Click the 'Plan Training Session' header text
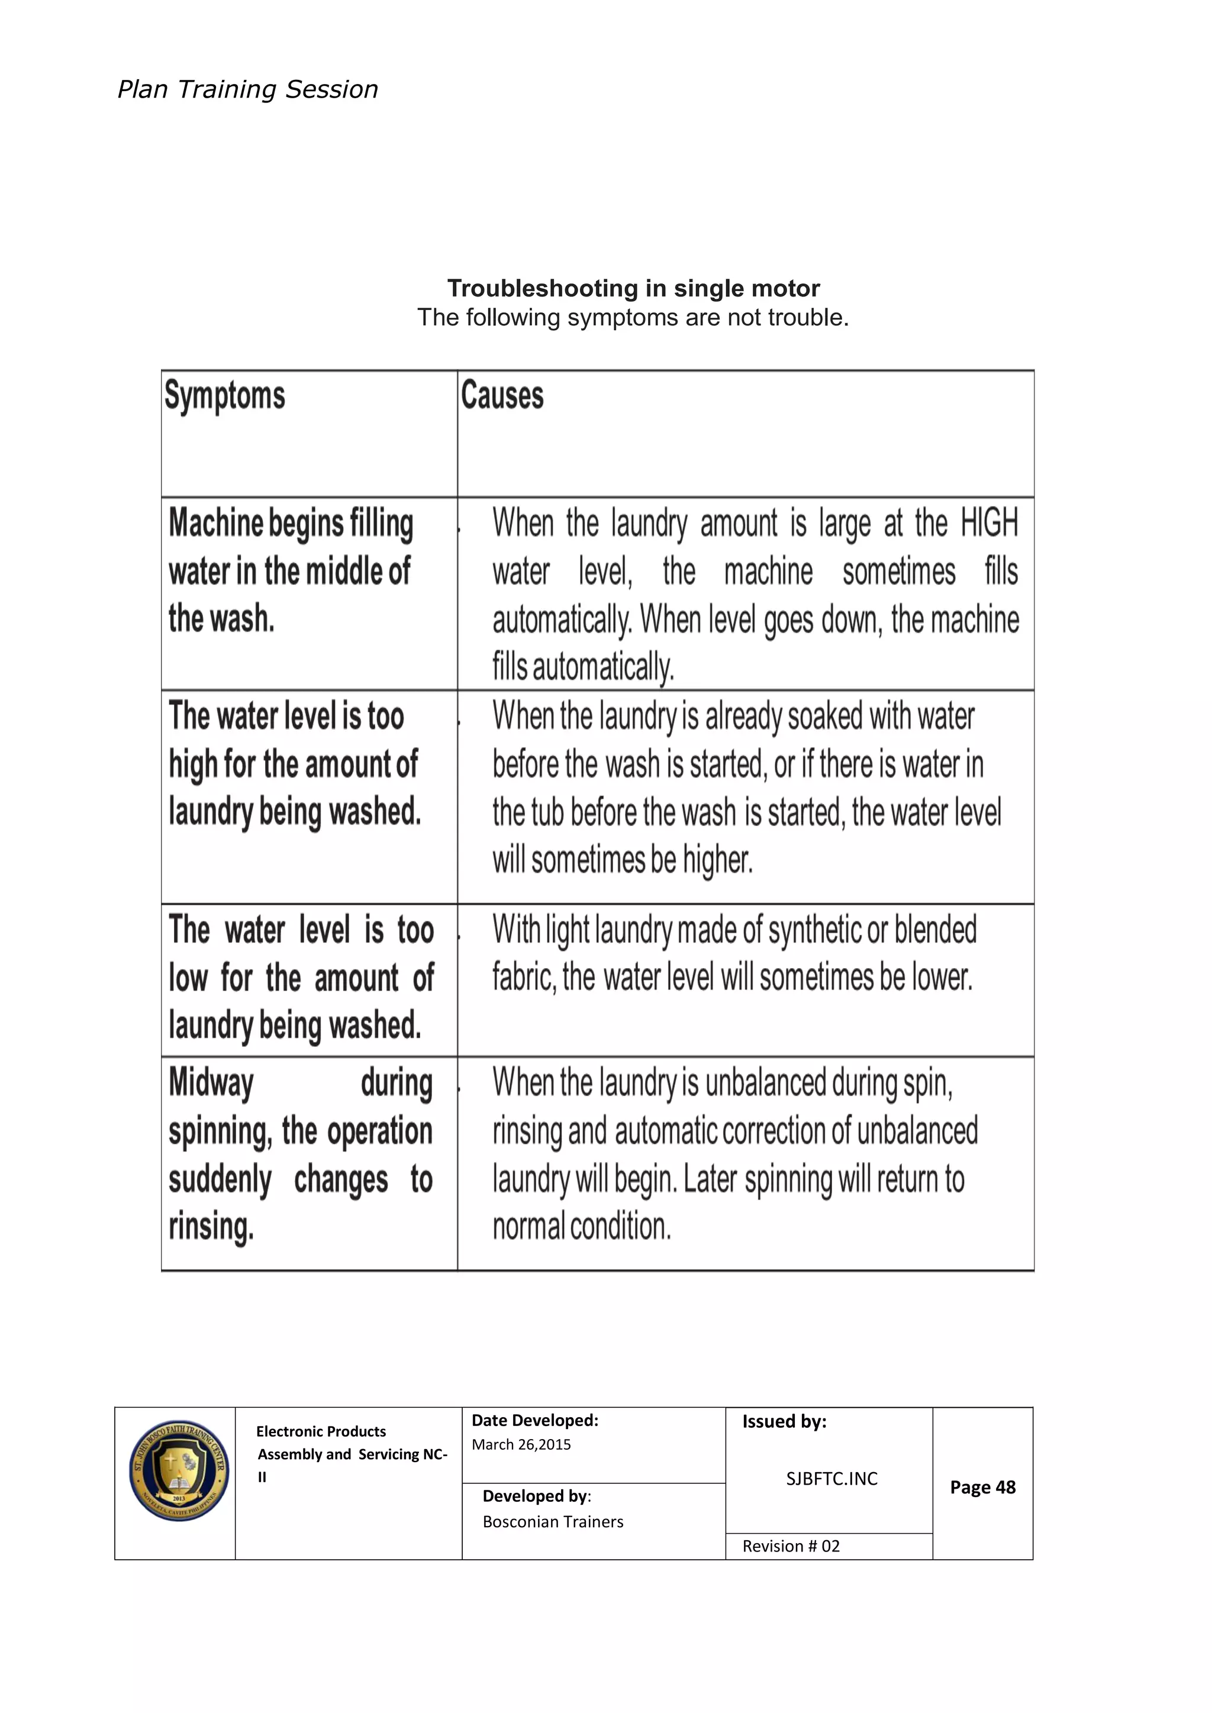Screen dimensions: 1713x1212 click(x=248, y=89)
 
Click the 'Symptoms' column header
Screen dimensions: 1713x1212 click(x=225, y=395)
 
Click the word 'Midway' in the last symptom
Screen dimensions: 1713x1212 click(x=211, y=1083)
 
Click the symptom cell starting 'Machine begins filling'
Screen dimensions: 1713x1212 click(x=291, y=571)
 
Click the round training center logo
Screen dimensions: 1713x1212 click(x=178, y=1470)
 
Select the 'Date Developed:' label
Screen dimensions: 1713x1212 click(x=534, y=1421)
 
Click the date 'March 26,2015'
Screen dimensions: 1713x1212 click(x=521, y=1444)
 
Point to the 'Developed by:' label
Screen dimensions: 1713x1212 click(x=537, y=1496)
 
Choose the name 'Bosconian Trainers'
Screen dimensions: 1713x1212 click(x=552, y=1521)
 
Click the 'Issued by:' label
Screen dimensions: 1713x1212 click(x=784, y=1421)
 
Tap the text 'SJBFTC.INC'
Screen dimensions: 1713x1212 click(x=831, y=1479)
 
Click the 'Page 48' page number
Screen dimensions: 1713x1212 click(x=982, y=1487)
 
